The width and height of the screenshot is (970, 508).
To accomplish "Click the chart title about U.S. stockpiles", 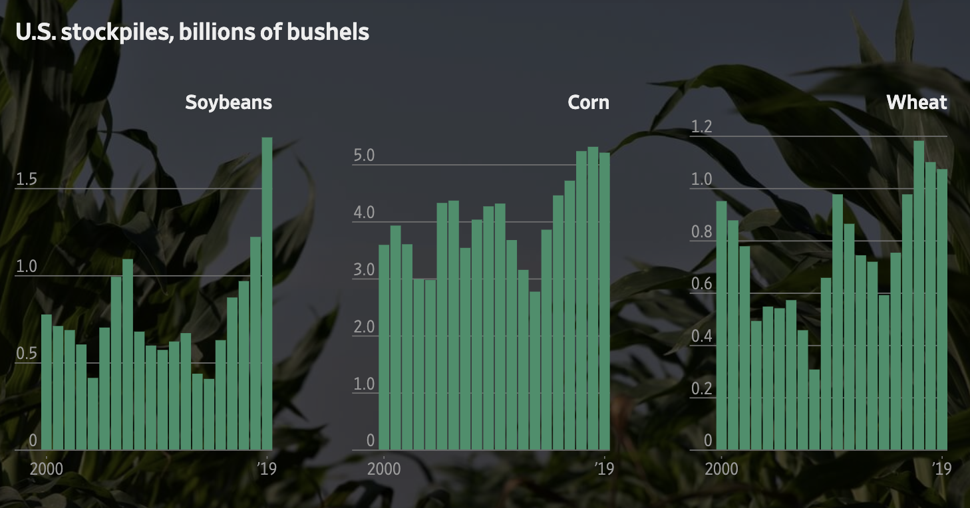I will coord(192,32).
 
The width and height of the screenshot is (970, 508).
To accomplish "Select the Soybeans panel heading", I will coord(228,102).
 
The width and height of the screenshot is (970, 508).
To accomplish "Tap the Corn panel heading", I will coord(588,102).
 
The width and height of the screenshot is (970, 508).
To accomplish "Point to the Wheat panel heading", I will coord(917,102).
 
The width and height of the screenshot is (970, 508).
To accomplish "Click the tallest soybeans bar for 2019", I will coord(267,293).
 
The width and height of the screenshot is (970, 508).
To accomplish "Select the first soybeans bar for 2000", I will coord(47,382).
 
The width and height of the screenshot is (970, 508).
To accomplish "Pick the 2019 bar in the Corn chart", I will coord(604,301).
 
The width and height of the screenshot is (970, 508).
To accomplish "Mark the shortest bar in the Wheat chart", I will coord(814,410).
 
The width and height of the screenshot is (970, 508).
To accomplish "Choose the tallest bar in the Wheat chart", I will coord(919,295).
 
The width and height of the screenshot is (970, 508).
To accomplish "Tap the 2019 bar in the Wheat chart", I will coord(942,309).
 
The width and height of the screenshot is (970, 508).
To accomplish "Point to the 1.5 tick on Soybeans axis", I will coord(26,180).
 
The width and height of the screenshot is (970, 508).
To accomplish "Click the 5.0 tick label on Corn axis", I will coord(364,156).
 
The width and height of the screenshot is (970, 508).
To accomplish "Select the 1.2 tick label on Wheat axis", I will coord(701,127).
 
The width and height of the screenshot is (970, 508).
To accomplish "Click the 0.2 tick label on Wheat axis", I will coord(701,388).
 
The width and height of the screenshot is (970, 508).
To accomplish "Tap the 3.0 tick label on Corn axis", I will coord(364,271).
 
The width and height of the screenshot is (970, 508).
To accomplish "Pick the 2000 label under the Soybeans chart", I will coord(47,468).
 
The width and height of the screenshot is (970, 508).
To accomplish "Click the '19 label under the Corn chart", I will coord(603,468).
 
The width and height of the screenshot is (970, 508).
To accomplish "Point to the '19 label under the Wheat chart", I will coord(941,468).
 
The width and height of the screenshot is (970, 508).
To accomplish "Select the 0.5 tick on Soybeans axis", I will coord(26,354).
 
